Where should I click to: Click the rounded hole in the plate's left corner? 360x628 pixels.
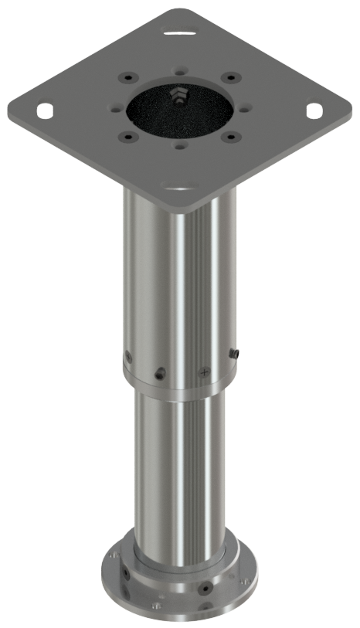tap(46, 110)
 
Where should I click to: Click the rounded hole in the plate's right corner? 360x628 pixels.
tap(314, 110)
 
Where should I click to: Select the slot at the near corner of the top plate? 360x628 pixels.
tap(177, 186)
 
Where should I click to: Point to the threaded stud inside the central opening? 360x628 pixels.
tap(179, 96)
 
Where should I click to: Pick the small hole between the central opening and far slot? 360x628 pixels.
tap(179, 72)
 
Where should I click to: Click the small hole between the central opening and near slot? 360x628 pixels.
tap(179, 145)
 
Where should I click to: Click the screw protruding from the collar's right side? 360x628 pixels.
tap(236, 354)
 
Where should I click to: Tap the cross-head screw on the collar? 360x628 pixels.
tap(204, 372)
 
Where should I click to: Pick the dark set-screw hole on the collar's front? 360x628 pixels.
tap(160, 373)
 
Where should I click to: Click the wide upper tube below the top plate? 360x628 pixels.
tap(179, 278)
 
